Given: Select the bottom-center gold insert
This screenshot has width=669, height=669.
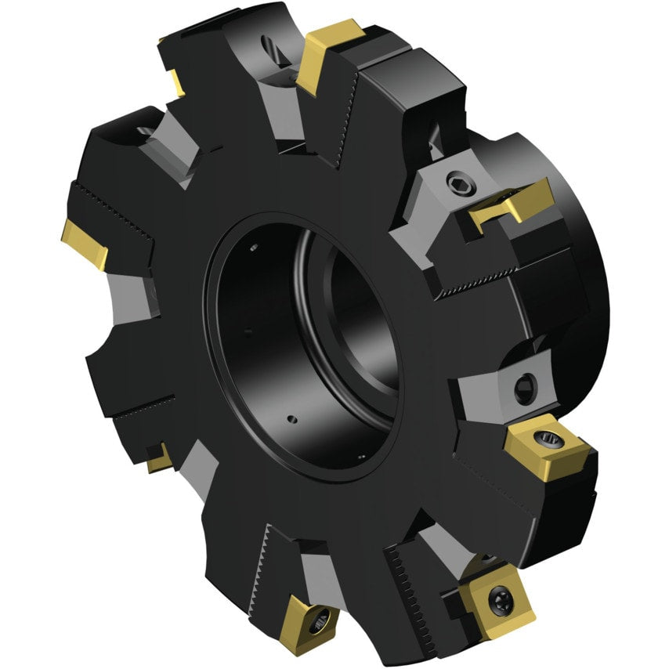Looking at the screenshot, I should (x=312, y=619).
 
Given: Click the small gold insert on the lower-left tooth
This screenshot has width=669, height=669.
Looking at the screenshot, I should (x=159, y=458).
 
